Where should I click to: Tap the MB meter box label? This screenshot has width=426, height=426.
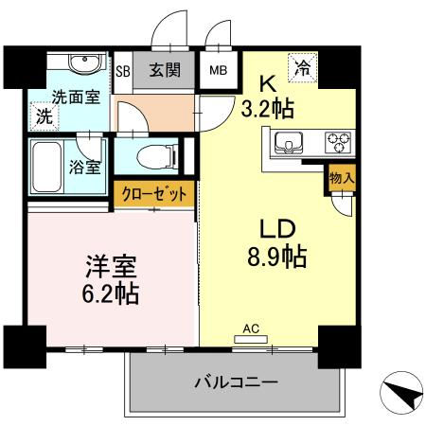pyautogui.click(x=218, y=70)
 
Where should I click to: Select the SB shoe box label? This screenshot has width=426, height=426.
pyautogui.click(x=122, y=70)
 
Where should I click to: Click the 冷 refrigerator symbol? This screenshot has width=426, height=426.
pyautogui.click(x=302, y=67)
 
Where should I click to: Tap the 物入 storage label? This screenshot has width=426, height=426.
pyautogui.click(x=343, y=178)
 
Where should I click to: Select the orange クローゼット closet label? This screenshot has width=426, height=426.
pyautogui.click(x=155, y=194)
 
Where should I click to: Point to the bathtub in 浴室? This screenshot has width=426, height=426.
pyautogui.click(x=46, y=167)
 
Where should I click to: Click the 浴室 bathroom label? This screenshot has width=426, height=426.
pyautogui.click(x=86, y=169)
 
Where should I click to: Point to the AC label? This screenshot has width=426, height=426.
pyautogui.click(x=252, y=328)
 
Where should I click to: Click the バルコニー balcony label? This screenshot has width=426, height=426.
pyautogui.click(x=236, y=383)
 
